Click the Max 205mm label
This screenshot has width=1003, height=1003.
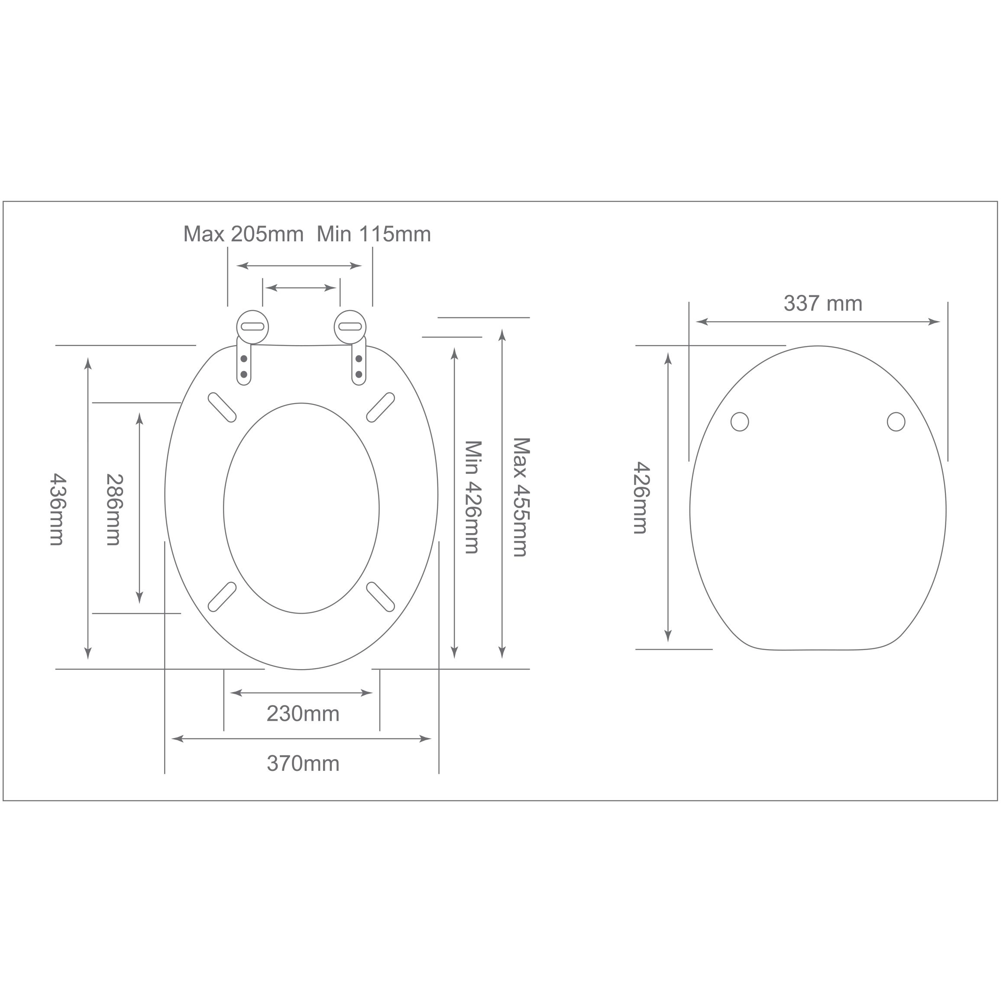[x=243, y=234]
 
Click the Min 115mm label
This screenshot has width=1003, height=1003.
[x=373, y=234]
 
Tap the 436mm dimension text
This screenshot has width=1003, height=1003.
[x=57, y=509]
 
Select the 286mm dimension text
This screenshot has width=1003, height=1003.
[x=114, y=509]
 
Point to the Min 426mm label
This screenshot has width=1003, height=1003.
[x=472, y=497]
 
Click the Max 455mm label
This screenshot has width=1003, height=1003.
[x=521, y=497]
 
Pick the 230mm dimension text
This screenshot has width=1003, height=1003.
[x=303, y=714]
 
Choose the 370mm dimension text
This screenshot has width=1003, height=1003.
[x=303, y=764]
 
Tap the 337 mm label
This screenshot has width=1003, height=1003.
[x=822, y=304]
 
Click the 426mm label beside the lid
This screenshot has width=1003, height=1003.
[x=642, y=497]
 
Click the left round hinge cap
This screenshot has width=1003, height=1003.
[x=252, y=327]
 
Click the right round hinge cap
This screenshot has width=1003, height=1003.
[x=350, y=327]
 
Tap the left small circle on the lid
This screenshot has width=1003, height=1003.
[x=739, y=421]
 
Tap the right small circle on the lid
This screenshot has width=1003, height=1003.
[x=896, y=421]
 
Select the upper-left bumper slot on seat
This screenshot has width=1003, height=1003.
[x=222, y=408]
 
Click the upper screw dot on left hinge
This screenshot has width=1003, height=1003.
[x=244, y=359]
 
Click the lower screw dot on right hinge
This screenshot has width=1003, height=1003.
[x=359, y=374]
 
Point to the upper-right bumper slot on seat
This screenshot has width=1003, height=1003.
[x=381, y=408]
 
